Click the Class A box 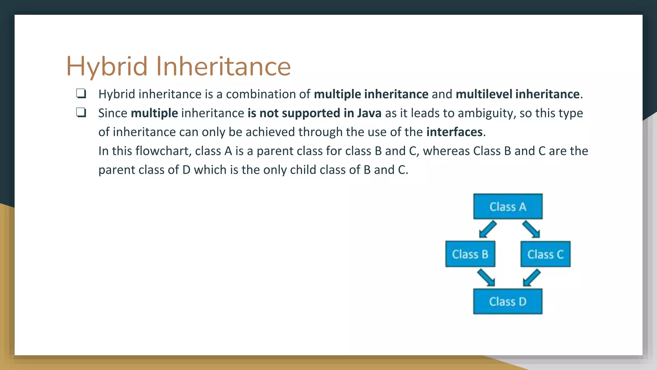508,207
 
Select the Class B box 470,254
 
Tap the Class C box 545,254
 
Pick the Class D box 508,301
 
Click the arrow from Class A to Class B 488,229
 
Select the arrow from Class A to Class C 531,229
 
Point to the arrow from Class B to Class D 486,277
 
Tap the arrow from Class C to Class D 532,277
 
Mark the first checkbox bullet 81,93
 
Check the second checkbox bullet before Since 81,112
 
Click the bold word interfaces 454,132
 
